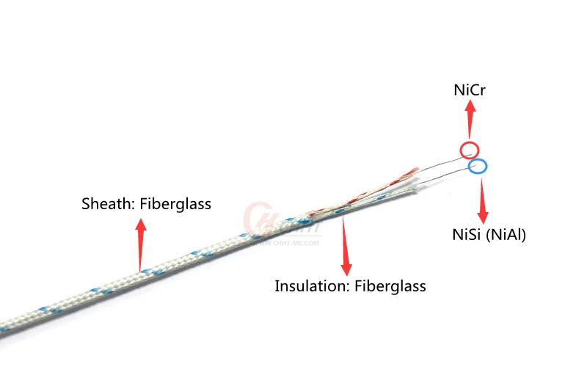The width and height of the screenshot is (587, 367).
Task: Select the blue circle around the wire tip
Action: (478, 166)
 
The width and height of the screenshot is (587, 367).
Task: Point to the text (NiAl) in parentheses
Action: (507, 236)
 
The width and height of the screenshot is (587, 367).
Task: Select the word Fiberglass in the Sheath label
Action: (175, 204)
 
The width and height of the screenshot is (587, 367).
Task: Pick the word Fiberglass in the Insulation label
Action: (390, 286)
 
